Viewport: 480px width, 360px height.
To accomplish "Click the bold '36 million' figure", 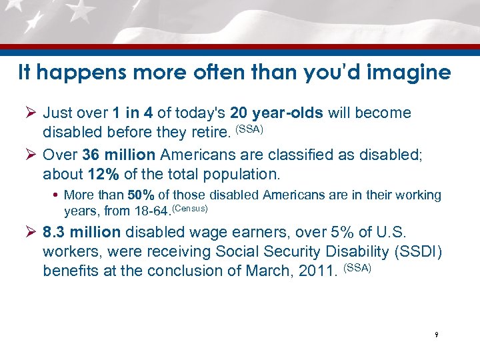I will point(119,155).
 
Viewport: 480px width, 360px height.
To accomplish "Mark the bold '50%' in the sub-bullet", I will point(141,195).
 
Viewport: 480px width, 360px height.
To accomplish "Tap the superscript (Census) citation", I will point(190,209).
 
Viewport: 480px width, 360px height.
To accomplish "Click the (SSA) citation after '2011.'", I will point(357,268).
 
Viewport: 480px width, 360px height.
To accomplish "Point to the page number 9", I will point(435,335).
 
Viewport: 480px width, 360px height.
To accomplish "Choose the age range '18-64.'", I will point(151,213).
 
